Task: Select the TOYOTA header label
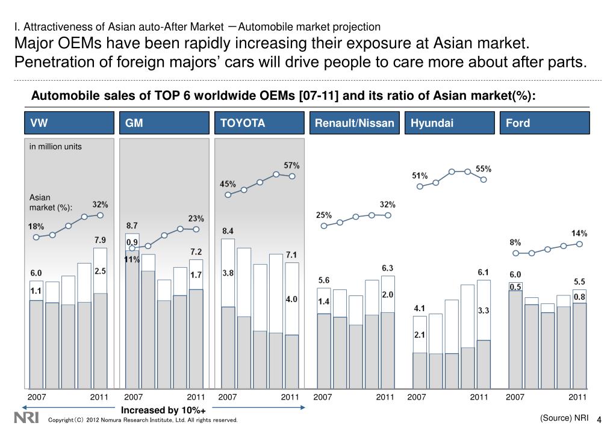pyautogui.click(x=243, y=123)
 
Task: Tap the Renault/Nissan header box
pyautogui.click(x=355, y=123)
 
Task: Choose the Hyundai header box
pyautogui.click(x=450, y=123)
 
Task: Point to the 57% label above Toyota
pyautogui.click(x=291, y=165)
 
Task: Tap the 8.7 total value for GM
pyautogui.click(x=132, y=225)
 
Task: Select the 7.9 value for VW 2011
pyautogui.click(x=100, y=239)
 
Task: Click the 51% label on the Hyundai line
pyautogui.click(x=420, y=176)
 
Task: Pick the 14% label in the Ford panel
pyautogui.click(x=579, y=233)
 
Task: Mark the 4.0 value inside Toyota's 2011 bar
pyautogui.click(x=291, y=298)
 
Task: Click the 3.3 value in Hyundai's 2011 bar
pyautogui.click(x=484, y=310)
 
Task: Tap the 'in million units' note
pyautogui.click(x=55, y=146)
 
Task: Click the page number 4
pyautogui.click(x=600, y=419)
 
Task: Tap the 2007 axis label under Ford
pyautogui.click(x=515, y=397)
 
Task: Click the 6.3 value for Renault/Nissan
pyautogui.click(x=388, y=268)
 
